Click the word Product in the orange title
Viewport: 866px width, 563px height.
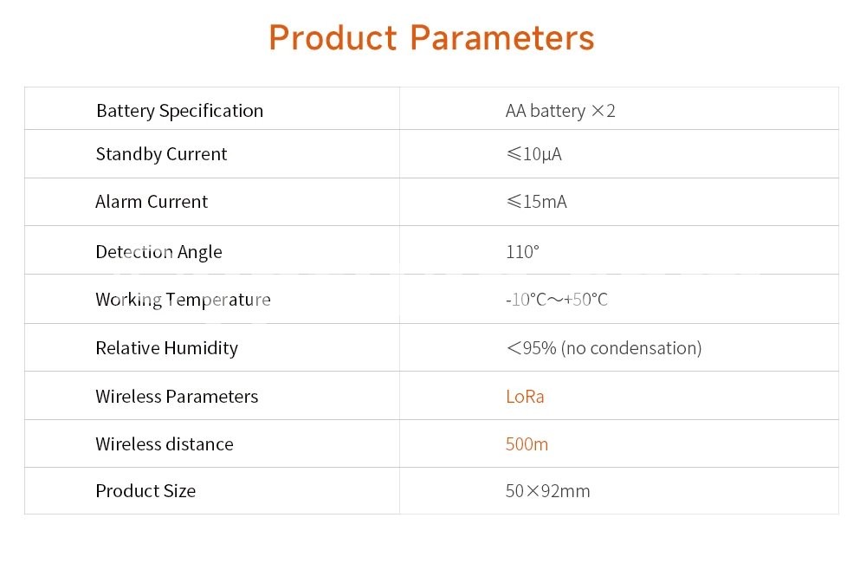[333, 37]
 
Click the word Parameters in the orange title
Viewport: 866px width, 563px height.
[502, 37]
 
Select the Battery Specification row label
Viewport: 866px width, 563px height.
[179, 111]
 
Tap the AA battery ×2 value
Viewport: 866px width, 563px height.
[560, 111]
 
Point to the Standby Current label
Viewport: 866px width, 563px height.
[161, 154]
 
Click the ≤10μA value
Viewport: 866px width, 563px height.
[533, 154]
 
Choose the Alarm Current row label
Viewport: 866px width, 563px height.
[152, 202]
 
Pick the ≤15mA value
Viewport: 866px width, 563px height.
[536, 202]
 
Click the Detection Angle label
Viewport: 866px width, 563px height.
[159, 252]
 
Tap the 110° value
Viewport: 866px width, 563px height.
[522, 252]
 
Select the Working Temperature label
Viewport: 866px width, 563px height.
[184, 300]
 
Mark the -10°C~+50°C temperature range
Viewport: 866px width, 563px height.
[557, 300]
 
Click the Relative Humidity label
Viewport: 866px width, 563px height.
[167, 348]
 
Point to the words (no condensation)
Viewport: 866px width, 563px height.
[631, 348]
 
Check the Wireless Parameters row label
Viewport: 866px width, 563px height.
[177, 397]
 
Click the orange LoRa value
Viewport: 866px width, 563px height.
[525, 397]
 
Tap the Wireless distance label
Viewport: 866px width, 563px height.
[165, 444]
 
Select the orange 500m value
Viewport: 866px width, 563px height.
[527, 444]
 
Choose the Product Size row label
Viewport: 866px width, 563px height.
[145, 491]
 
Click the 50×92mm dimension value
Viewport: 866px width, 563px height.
[548, 491]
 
